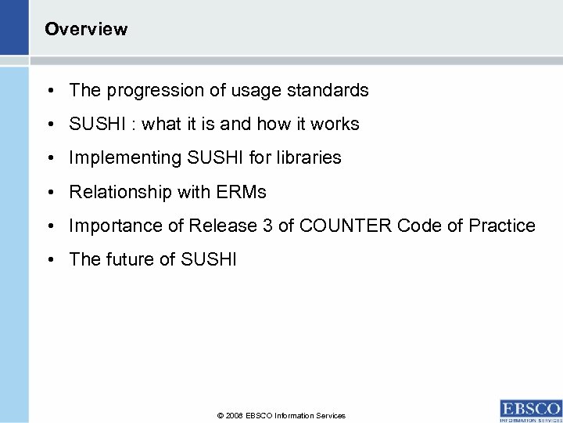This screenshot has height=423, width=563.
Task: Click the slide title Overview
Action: coord(86,30)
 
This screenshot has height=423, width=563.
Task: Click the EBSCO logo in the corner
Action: coord(530,410)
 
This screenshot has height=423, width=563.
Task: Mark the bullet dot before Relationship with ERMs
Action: coord(49,193)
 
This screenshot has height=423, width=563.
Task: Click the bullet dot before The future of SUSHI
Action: coord(49,260)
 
